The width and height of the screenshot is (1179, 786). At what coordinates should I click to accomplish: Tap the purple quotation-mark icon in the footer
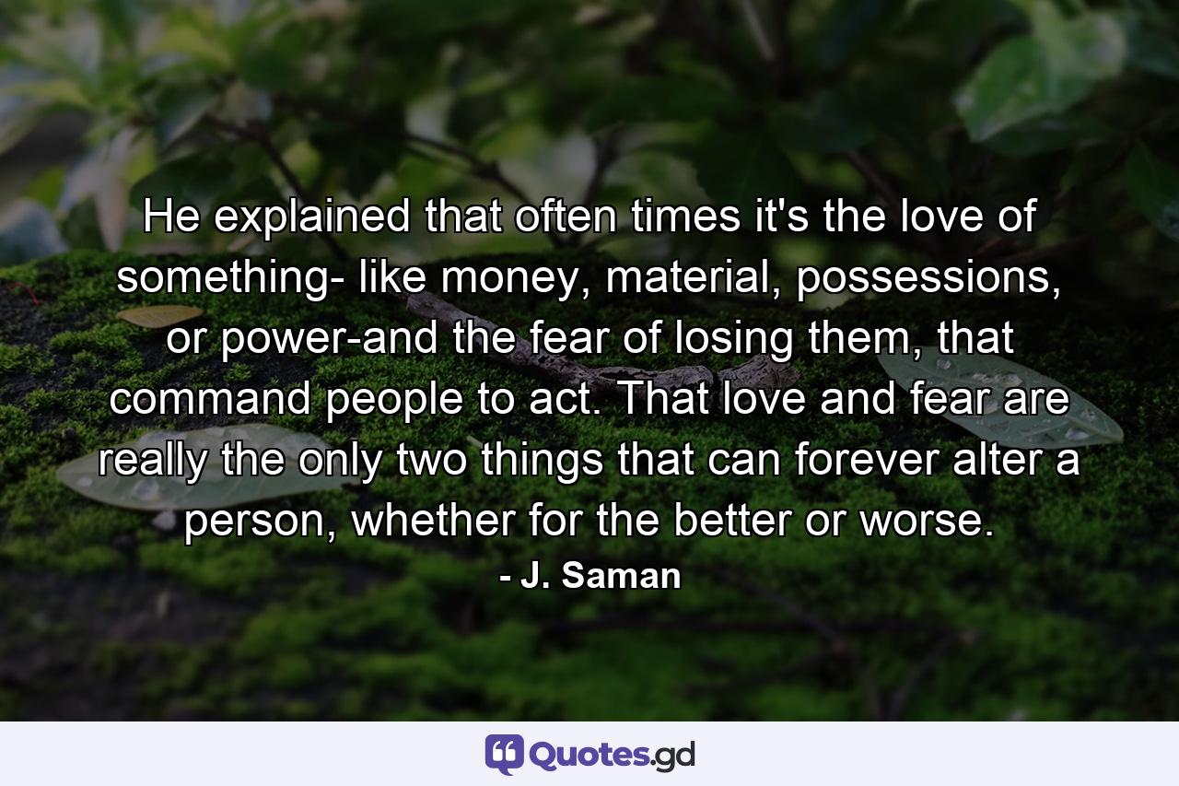click(x=504, y=755)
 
